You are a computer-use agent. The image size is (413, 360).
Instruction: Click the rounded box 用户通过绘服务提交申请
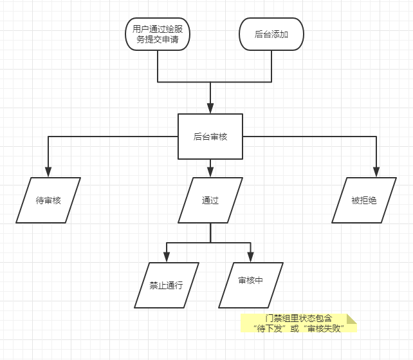point(158,34)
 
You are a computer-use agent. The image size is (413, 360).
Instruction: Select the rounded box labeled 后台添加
point(271,34)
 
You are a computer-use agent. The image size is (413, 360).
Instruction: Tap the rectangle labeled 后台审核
point(210,136)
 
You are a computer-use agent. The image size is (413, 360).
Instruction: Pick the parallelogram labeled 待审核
point(48,200)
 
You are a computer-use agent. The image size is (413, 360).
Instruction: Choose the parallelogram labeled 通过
point(210,200)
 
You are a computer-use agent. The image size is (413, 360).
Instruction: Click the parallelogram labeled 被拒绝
point(364,200)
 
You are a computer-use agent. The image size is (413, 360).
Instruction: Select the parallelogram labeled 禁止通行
point(167,285)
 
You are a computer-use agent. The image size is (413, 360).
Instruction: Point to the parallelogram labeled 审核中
point(250,285)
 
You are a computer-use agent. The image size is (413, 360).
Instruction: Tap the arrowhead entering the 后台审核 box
point(210,109)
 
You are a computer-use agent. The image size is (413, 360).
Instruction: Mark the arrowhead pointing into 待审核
point(48,173)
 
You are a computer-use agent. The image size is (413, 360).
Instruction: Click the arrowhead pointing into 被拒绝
point(377,173)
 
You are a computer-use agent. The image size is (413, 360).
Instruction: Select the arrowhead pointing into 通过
point(210,173)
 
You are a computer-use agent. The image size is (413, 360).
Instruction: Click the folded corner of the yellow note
point(351,318)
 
